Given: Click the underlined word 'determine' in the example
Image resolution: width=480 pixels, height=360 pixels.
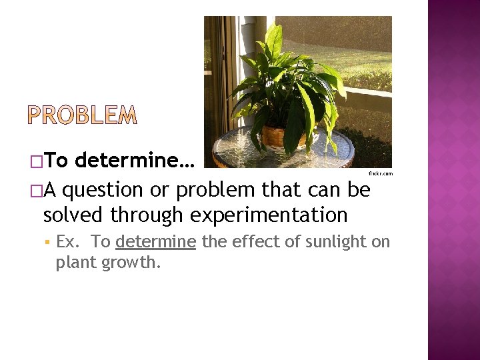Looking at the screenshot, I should pyautogui.click(x=155, y=241).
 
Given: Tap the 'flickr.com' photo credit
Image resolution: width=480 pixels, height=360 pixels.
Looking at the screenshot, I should pyautogui.click(x=381, y=174).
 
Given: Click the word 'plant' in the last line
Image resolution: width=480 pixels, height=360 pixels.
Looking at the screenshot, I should pyautogui.click(x=75, y=263).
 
